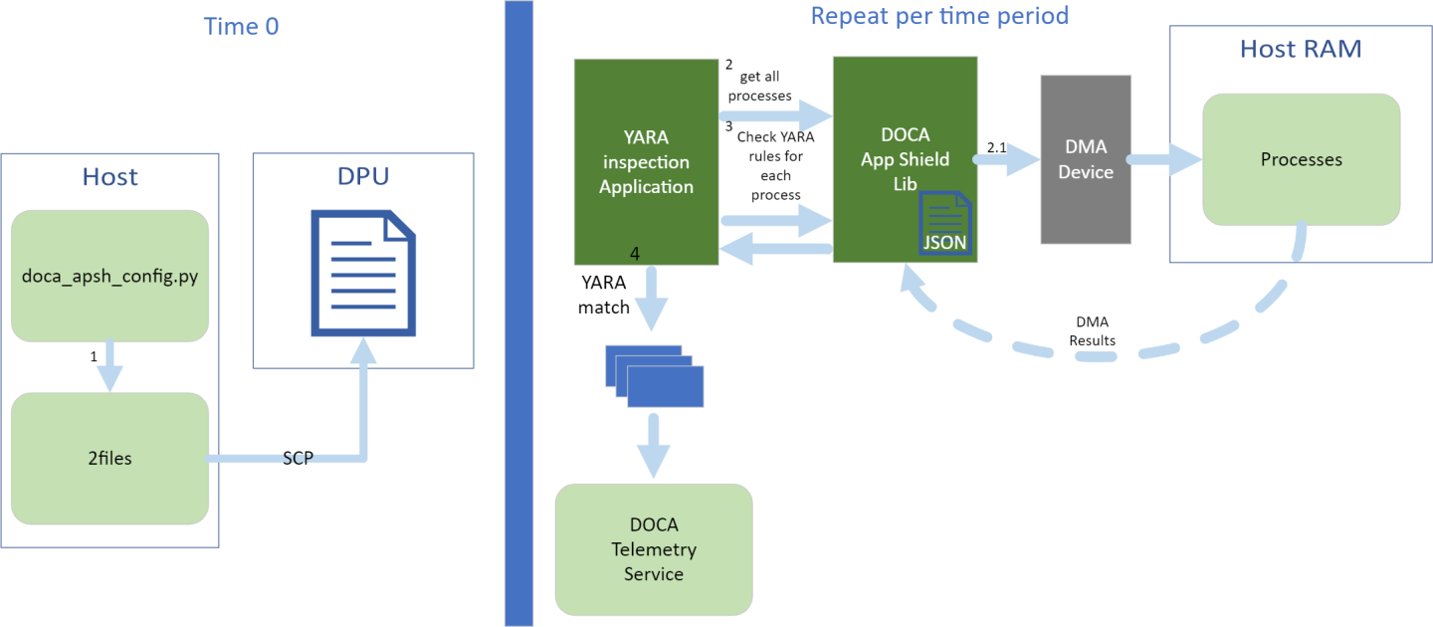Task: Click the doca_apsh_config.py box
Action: [109, 276]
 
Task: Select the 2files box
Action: [109, 459]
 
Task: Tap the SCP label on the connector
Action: [298, 458]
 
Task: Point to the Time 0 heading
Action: [241, 26]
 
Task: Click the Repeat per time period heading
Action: [938, 16]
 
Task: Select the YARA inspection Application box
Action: [646, 161]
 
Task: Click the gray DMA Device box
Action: [1085, 159]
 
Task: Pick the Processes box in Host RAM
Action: [1301, 159]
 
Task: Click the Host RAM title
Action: [1300, 48]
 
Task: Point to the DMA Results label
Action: [1092, 331]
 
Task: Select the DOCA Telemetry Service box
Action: [654, 548]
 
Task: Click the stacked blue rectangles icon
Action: [654, 375]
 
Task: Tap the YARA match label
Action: [604, 297]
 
